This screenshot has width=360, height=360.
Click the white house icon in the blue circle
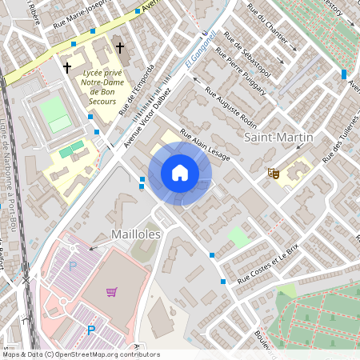pyautogui.click(x=180, y=173)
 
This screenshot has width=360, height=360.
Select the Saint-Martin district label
pyautogui.click(x=278, y=138)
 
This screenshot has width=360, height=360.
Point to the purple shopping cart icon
pyautogui.click(x=112, y=292)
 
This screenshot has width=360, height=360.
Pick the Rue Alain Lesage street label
pyautogui.click(x=206, y=146)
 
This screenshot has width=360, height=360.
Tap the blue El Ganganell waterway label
pyautogui.click(x=202, y=50)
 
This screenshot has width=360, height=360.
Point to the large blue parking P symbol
pyautogui.click(x=90, y=330)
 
